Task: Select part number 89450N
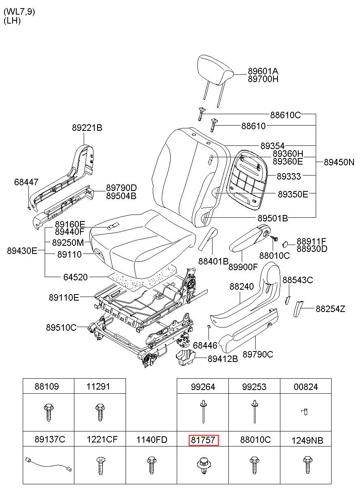tap(339, 163)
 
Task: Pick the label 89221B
tap(87, 128)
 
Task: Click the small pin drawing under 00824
tap(305, 412)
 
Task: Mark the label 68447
tap(26, 182)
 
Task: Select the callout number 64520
tap(75, 277)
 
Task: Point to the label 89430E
tap(22, 250)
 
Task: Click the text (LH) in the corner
tap(12, 20)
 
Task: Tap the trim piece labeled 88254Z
tap(298, 309)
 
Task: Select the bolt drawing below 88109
tap(48, 412)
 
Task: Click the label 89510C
tap(61, 327)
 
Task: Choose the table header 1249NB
tap(307, 440)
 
